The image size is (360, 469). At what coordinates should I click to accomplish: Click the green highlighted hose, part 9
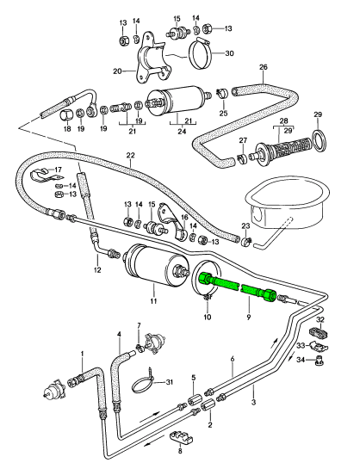tap(236, 287)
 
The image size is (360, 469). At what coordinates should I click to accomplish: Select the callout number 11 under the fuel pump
tap(153, 301)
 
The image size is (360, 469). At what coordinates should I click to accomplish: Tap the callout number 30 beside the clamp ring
tap(229, 53)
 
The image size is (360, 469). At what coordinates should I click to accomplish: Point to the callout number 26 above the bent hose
tap(264, 67)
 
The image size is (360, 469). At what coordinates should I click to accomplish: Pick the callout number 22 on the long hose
tap(130, 156)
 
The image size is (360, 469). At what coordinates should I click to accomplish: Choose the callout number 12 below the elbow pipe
tap(97, 270)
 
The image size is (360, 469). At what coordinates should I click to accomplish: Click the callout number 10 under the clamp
tap(208, 317)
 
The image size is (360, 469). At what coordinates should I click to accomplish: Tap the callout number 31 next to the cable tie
tap(169, 382)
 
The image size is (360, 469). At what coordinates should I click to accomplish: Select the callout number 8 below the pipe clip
tap(180, 460)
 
